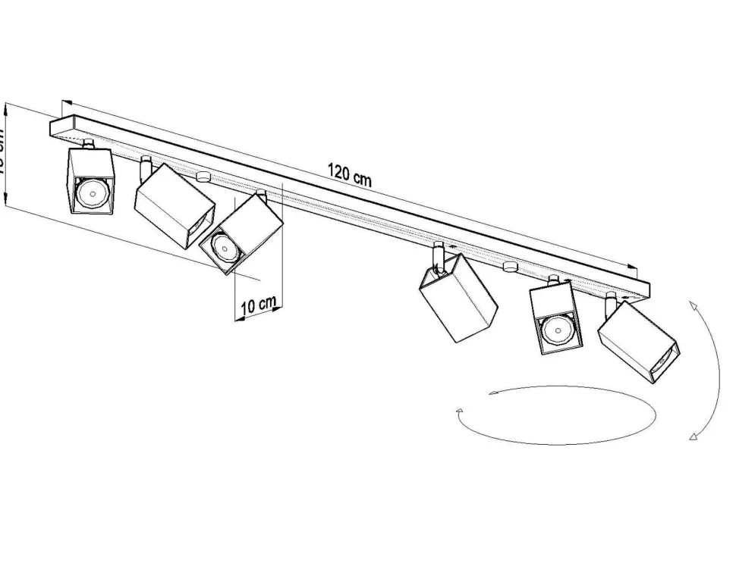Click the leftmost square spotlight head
tap(90, 181)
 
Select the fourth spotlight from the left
tap(458, 297)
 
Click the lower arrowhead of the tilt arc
tap(693, 436)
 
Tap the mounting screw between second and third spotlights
tap(203, 177)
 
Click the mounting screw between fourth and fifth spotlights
tap(509, 267)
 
